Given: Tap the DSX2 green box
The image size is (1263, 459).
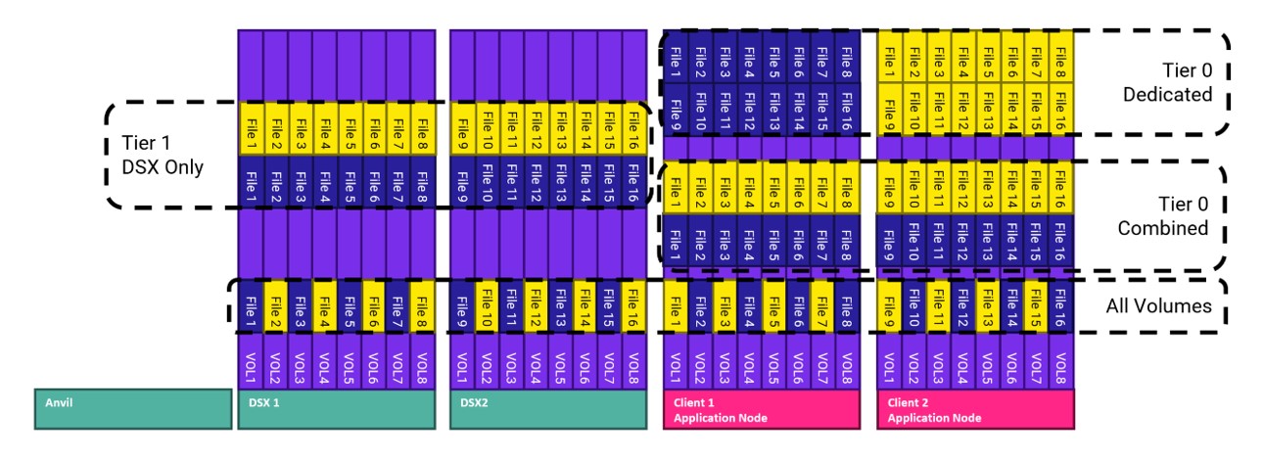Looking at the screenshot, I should point(547,410).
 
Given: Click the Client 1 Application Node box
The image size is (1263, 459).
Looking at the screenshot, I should point(761,410).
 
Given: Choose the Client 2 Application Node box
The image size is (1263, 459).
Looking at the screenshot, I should point(974,410).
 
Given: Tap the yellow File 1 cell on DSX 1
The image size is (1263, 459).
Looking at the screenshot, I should point(251,128).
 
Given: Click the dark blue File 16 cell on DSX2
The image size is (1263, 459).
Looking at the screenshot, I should point(632,181).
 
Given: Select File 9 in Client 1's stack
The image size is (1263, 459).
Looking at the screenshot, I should point(677,112).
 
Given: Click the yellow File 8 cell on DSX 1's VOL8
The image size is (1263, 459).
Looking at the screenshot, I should point(422,306).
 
